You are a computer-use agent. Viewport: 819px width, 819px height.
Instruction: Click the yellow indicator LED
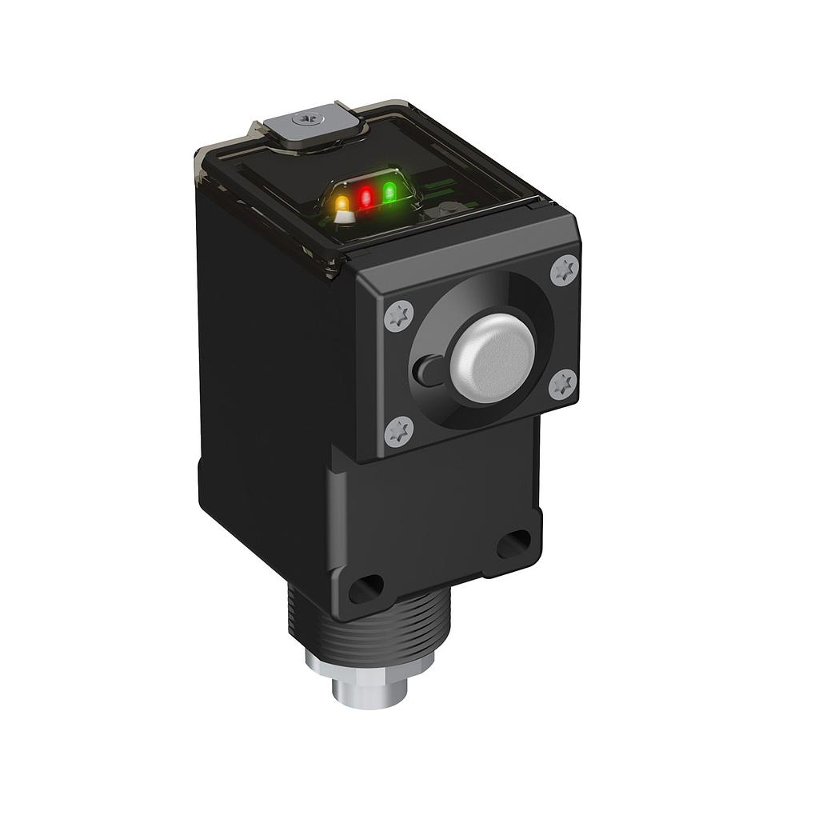coord(342,202)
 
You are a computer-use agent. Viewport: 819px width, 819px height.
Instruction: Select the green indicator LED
coord(390,192)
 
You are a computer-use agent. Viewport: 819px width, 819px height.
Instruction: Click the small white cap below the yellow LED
coord(344,217)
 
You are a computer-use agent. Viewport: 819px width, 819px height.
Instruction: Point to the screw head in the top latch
coord(306,119)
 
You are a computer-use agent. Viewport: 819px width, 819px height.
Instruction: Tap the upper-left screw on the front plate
coord(398,316)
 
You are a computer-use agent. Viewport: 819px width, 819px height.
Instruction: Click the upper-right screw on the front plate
coord(565,270)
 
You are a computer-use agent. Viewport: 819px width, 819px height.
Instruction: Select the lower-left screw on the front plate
coord(398,432)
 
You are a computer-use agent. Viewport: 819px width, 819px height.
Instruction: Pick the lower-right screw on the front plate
coord(563,384)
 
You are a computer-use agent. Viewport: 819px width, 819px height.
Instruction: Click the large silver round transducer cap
coord(492,358)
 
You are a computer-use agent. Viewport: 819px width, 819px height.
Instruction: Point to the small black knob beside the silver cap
coord(427,370)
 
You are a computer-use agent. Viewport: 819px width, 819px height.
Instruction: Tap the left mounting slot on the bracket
coord(366,589)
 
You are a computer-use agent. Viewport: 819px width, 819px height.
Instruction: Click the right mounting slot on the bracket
coord(513,544)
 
